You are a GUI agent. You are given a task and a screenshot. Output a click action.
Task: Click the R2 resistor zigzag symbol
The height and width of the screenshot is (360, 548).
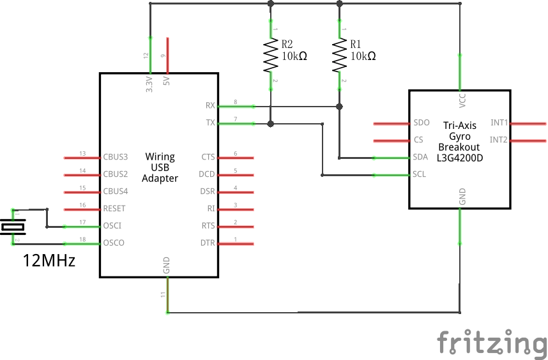point(271,56)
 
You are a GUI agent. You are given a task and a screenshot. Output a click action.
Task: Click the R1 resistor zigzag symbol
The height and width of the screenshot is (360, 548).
point(340,56)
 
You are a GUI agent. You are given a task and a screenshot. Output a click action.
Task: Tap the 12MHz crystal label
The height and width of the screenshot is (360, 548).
point(49,260)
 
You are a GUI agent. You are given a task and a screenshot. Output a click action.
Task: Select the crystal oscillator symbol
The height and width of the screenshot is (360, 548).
point(13,226)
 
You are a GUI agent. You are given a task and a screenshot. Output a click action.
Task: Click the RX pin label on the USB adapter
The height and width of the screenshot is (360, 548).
point(210,105)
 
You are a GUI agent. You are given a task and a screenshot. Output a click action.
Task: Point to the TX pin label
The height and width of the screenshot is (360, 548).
point(210,123)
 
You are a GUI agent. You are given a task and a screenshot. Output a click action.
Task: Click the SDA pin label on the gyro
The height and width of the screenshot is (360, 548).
point(421,157)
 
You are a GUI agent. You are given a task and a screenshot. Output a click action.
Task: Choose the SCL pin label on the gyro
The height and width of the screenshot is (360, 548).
point(420,174)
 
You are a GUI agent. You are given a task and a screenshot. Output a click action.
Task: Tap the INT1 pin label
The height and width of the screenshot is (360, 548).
point(499,123)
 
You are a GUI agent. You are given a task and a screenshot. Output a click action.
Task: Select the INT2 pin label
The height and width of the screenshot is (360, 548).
point(499,139)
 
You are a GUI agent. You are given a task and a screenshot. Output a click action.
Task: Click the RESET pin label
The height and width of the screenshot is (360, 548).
point(114,208)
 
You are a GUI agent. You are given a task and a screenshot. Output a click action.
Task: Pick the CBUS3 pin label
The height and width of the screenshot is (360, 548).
point(116,156)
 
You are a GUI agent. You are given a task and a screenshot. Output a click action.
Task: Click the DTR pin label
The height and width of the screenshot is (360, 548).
point(208,243)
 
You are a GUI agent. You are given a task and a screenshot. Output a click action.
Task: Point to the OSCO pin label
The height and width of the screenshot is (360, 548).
point(113,243)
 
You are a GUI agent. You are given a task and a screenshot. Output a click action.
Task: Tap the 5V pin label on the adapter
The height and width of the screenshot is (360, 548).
point(167,82)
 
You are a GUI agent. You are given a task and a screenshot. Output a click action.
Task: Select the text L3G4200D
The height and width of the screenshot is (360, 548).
point(460,157)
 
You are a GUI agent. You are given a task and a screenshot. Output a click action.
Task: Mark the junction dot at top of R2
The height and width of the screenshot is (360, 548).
point(271,4)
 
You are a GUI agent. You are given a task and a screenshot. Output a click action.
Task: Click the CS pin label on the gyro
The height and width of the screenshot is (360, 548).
point(418,140)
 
